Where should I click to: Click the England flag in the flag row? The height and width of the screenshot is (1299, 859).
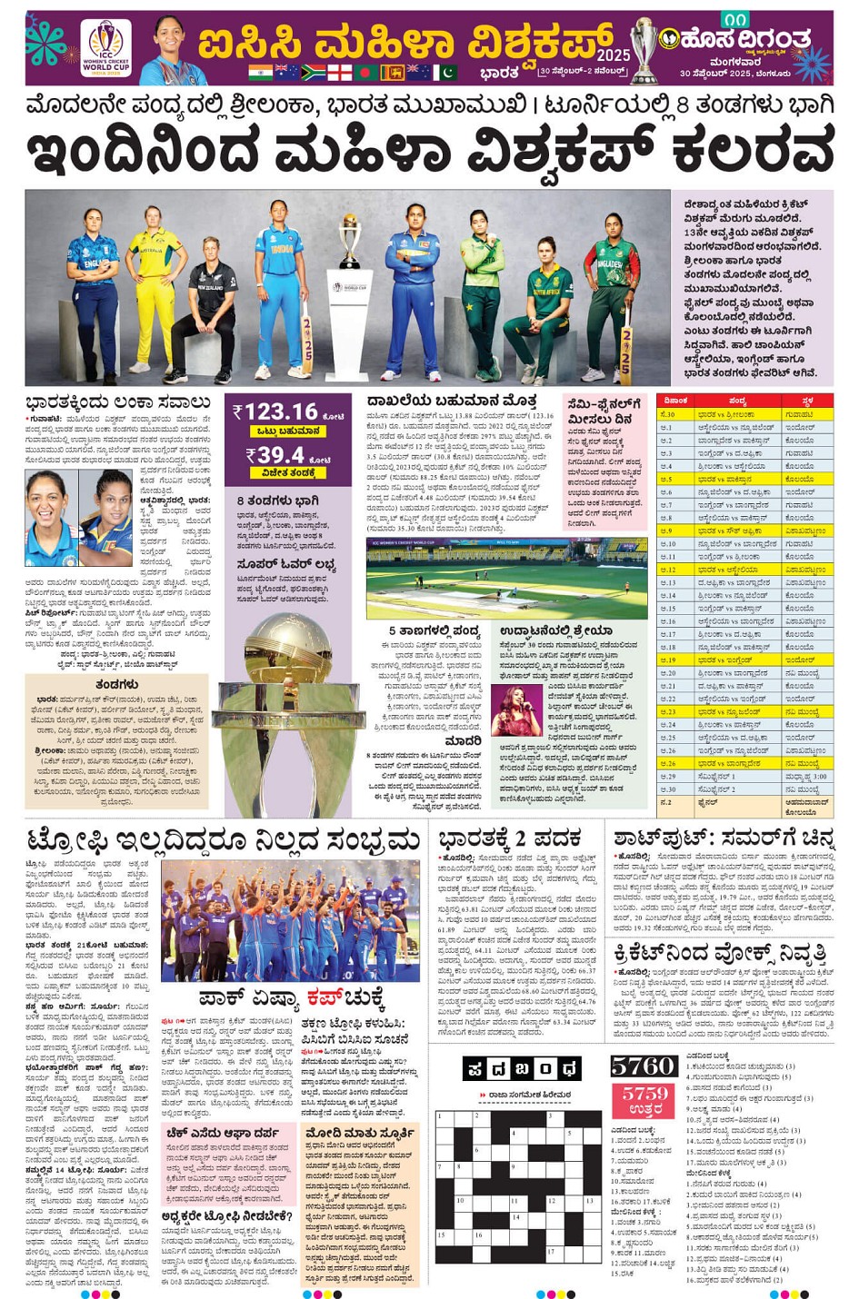click(339, 72)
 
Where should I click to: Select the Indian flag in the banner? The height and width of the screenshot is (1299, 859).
click(260, 72)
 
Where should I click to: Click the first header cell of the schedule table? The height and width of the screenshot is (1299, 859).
click(675, 401)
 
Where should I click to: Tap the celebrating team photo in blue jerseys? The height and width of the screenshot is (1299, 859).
click(289, 920)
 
